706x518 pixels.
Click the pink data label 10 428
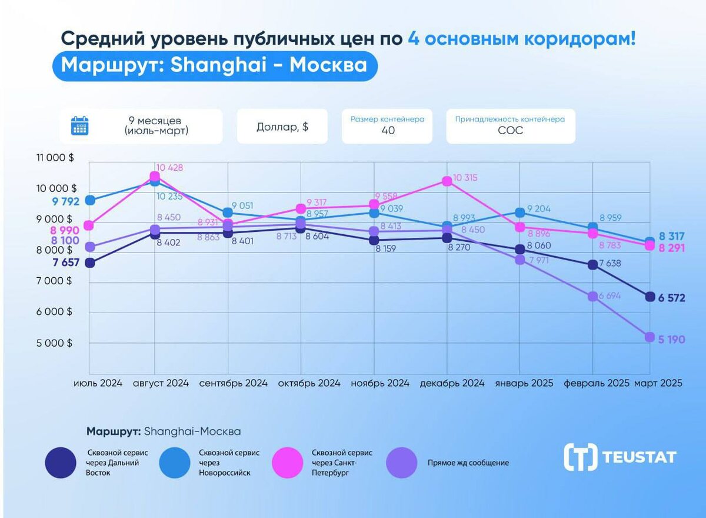(170, 168)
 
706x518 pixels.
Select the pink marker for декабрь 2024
(447, 181)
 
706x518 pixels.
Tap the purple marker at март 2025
(650, 337)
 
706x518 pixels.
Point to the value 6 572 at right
(672, 298)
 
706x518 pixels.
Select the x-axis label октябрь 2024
(309, 383)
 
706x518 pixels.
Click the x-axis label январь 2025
(524, 383)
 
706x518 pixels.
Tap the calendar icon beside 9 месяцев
(79, 126)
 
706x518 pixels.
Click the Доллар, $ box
(282, 127)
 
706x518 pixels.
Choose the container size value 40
(388, 131)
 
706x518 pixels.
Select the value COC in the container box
(510, 131)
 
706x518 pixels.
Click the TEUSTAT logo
(620, 457)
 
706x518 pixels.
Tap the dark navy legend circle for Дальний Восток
(60, 463)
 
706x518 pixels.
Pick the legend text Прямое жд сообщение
(468, 463)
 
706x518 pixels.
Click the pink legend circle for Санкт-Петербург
(288, 463)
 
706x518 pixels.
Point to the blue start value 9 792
(65, 201)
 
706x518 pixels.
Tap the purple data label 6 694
(610, 295)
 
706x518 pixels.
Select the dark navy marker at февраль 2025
(592, 265)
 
